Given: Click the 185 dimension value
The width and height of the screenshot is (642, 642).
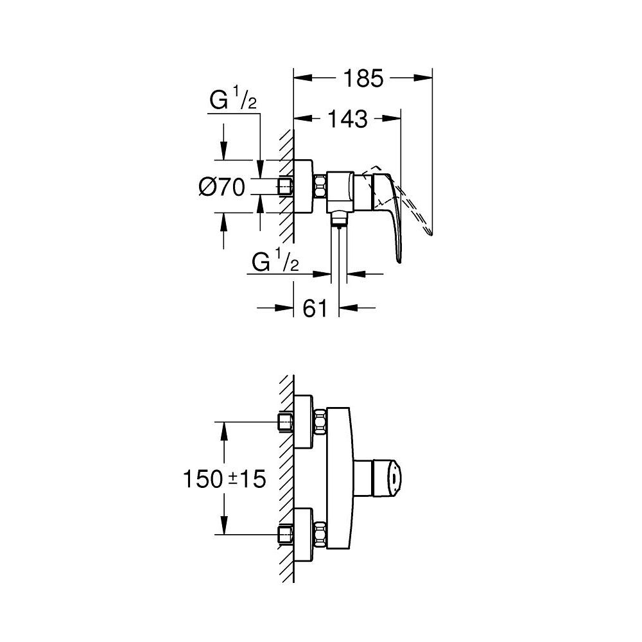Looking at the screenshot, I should pyautogui.click(x=362, y=79).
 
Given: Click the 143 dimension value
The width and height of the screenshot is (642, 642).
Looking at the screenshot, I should pyautogui.click(x=347, y=119).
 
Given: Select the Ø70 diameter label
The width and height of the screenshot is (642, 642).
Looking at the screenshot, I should pyautogui.click(x=222, y=187).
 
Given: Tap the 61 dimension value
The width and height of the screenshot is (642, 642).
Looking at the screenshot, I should pyautogui.click(x=315, y=309).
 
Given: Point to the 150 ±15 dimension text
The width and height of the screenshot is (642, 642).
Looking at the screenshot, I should pyautogui.click(x=224, y=479).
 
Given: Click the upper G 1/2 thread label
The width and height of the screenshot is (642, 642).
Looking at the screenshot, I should pyautogui.click(x=234, y=101).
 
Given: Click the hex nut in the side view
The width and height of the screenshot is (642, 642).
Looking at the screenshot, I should pyautogui.click(x=320, y=187).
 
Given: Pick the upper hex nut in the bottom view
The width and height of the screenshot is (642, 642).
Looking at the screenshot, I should pyautogui.click(x=320, y=422).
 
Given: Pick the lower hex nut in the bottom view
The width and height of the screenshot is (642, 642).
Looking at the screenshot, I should pyautogui.click(x=320, y=534).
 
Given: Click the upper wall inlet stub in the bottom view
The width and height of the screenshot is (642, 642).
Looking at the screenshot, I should pyautogui.click(x=285, y=422).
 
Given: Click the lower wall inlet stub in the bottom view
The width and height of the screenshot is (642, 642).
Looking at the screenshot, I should pyautogui.click(x=285, y=534).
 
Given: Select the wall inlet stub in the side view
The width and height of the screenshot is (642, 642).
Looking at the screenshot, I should pyautogui.click(x=285, y=187).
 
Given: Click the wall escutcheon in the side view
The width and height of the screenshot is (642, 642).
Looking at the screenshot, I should pyautogui.click(x=302, y=187).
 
